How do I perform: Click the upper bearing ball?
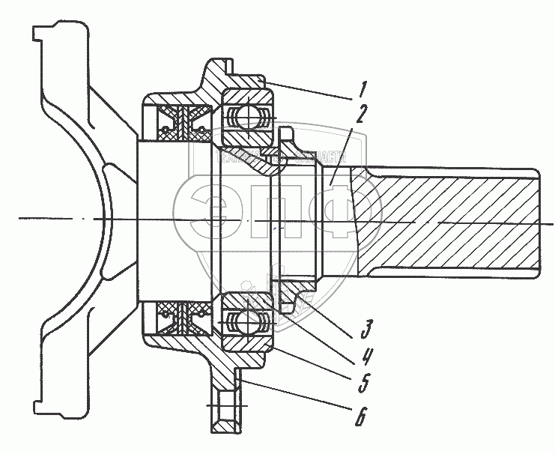246,117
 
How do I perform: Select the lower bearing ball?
246,322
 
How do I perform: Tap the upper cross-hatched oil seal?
182,121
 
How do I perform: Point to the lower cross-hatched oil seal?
182,318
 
